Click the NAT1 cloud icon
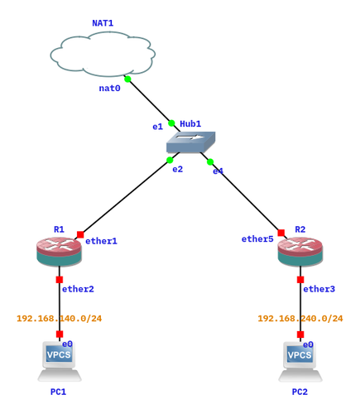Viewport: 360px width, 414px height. [103, 54]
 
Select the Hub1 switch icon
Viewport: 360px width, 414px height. [190, 142]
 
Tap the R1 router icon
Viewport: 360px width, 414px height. [59, 252]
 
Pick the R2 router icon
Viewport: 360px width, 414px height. [300, 252]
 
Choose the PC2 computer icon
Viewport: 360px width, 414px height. [300, 362]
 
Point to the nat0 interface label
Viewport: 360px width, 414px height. [109, 89]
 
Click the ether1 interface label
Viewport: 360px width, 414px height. [101, 241]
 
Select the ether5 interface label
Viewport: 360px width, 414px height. [257, 239]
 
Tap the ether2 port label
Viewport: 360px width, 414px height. [78, 289]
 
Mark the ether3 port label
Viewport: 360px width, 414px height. [319, 289]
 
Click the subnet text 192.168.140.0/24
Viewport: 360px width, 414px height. [60, 319]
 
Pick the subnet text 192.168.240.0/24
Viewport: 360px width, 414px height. [300, 319]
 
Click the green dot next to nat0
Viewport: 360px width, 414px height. [127, 79]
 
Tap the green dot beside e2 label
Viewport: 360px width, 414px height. [170, 160]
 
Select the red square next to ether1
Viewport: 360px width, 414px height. [80, 234]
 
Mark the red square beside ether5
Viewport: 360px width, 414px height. [281, 233]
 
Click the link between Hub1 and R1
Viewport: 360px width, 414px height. [127, 196]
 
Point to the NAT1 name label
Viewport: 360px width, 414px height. [103, 23]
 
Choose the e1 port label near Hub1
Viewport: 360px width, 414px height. [158, 127]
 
